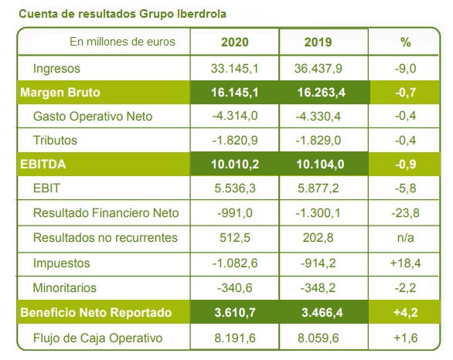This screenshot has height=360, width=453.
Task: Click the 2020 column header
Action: click(x=234, y=42)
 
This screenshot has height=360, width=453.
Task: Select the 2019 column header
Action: click(x=318, y=42)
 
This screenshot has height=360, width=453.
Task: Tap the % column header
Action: click(x=405, y=42)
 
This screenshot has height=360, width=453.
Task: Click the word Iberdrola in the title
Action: click(x=202, y=14)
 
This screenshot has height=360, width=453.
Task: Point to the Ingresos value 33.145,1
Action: click(x=234, y=69)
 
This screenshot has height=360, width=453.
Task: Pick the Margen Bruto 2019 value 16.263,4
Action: click(x=322, y=93)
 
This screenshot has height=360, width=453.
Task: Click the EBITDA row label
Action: click(x=43, y=165)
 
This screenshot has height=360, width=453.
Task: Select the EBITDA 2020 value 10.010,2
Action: click(x=235, y=165)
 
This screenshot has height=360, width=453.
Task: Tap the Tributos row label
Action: click(x=55, y=141)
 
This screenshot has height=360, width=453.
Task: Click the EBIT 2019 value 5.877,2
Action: click(x=318, y=188)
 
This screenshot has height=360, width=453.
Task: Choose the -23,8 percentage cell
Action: click(x=405, y=213)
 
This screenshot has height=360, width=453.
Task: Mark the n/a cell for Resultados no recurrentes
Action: click(x=406, y=238)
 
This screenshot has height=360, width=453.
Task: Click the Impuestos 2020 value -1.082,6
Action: click(x=235, y=263)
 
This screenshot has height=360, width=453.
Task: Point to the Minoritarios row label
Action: click(x=65, y=288)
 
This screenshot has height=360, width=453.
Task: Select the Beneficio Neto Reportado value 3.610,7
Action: click(x=235, y=313)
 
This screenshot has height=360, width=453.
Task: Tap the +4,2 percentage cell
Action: click(x=406, y=313)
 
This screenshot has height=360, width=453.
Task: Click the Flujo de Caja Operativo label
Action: click(x=97, y=338)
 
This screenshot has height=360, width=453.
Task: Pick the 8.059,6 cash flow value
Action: click(x=318, y=338)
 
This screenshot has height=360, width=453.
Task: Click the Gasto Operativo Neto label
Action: click(x=93, y=117)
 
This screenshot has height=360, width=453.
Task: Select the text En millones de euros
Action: click(x=122, y=42)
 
